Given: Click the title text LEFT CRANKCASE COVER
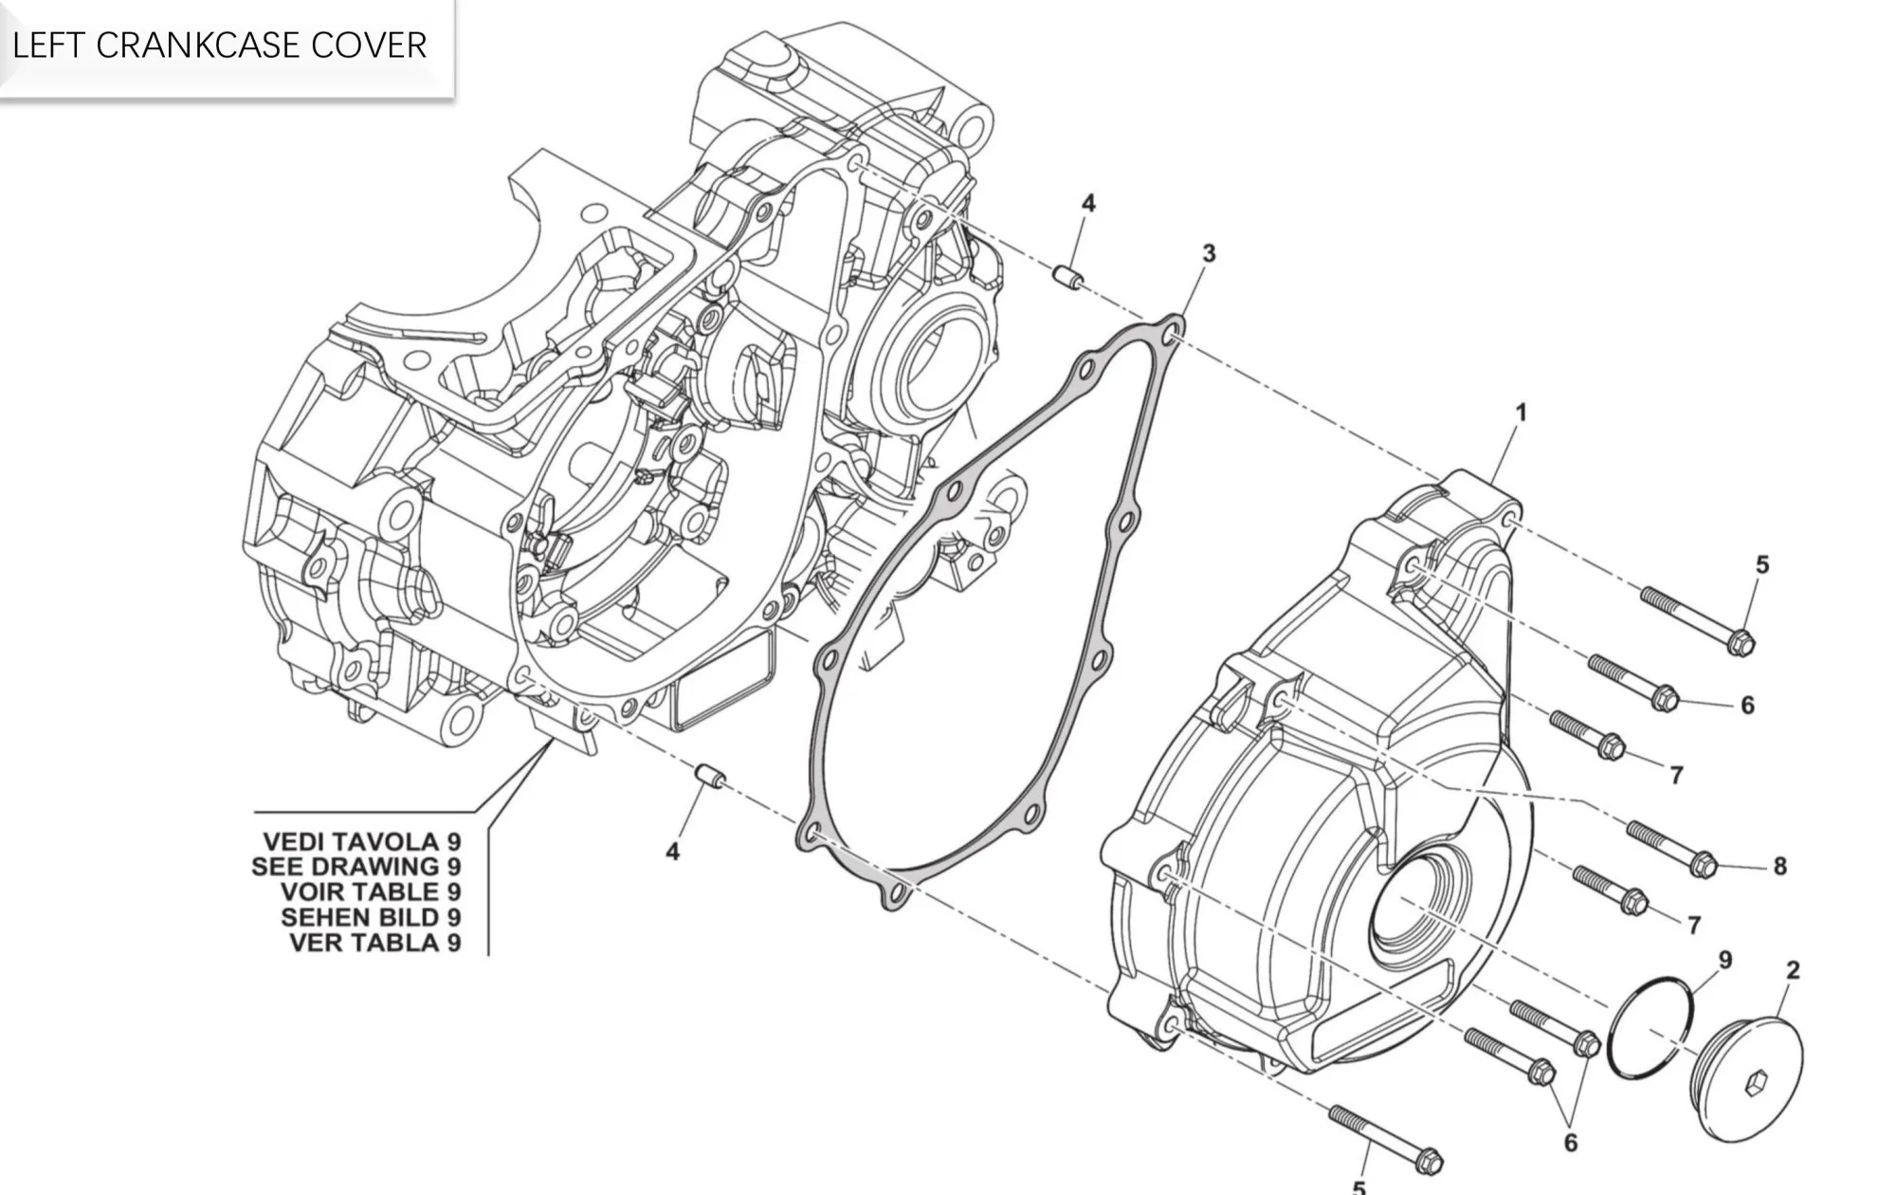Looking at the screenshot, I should (x=219, y=46).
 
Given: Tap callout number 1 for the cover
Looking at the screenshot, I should (x=1522, y=414).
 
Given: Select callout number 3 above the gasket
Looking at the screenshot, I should (x=1209, y=254).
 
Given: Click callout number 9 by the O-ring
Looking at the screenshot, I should (x=1725, y=960).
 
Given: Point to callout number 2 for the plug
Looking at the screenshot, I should (x=1793, y=970).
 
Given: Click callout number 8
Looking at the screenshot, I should (x=1779, y=866).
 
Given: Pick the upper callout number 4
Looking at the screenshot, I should (x=1088, y=203).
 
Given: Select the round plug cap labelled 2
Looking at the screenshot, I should (x=1748, y=1076).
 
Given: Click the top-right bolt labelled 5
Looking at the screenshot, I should (x=1697, y=621).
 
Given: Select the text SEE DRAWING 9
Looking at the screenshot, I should (x=355, y=867).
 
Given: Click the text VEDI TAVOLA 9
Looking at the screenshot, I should (x=361, y=841).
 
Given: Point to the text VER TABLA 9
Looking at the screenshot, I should (x=374, y=943).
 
